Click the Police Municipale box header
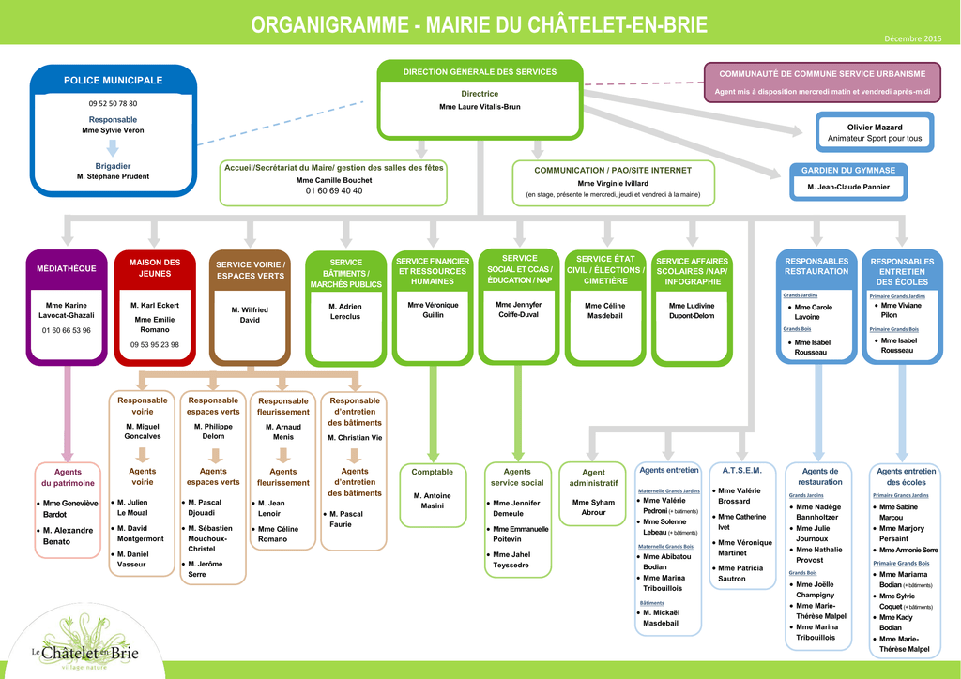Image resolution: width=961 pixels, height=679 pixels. [113, 81]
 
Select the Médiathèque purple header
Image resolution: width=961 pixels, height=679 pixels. [67, 269]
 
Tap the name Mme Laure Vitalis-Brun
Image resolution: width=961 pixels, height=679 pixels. [480, 107]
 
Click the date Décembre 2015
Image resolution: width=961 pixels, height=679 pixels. [912, 38]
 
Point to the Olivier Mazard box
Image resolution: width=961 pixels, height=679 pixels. [874, 132]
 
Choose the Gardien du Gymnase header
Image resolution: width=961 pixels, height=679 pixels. [847, 170]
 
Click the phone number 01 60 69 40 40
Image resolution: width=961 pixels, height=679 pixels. [334, 191]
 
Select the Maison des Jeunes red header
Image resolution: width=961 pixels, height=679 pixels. [155, 268]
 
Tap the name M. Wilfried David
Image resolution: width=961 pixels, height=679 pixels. [250, 315]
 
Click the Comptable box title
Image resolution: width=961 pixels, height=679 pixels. [432, 472]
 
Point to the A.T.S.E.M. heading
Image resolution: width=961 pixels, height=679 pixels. [741, 469]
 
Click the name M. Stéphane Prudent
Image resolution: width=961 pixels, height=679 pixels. [113, 176]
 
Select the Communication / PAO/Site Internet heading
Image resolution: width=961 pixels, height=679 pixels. [613, 171]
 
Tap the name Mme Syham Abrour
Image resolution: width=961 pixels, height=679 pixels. [593, 507]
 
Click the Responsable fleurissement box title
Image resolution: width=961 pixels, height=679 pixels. [283, 406]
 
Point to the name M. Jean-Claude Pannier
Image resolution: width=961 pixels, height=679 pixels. [847, 187]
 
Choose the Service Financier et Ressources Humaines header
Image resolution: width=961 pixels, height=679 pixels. [433, 271]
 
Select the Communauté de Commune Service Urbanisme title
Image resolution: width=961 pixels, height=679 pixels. [822, 74]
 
